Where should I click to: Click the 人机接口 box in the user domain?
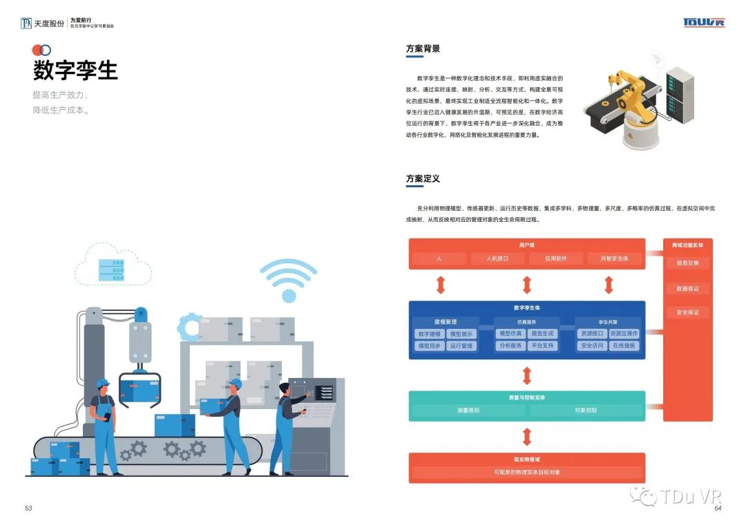(497, 258)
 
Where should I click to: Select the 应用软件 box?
(555, 258)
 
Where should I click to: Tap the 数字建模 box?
(429, 334)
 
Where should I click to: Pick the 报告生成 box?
(542, 334)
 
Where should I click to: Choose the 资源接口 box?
(592, 334)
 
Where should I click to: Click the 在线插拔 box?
(624, 346)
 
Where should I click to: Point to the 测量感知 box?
(468, 410)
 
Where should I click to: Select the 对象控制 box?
(585, 410)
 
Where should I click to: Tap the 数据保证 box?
(687, 288)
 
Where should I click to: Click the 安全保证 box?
(687, 312)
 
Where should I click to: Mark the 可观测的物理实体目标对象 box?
(527, 473)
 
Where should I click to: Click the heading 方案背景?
(423, 49)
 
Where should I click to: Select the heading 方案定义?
(423, 179)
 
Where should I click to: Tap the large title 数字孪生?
(75, 70)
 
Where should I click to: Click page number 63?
(28, 508)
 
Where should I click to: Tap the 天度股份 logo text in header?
(50, 23)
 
